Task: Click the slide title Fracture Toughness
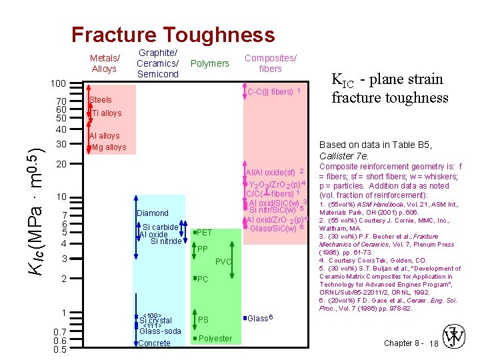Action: (173, 35)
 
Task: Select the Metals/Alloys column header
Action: (105, 63)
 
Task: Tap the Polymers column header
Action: (209, 63)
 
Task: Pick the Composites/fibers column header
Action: (270, 63)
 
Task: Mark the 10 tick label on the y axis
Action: (61, 197)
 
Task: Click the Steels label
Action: (101, 100)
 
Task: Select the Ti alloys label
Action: (107, 113)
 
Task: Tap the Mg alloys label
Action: (109, 147)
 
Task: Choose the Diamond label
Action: (153, 213)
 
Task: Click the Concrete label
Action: (154, 343)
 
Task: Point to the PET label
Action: (205, 233)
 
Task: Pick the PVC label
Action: (223, 262)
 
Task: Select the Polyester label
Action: (215, 338)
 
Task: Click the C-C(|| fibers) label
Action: (270, 91)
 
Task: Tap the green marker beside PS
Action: (193, 319)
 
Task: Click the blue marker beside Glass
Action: (245, 318)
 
